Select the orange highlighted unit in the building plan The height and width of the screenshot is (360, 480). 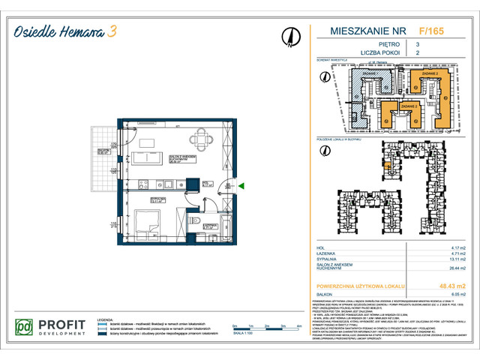(386, 169)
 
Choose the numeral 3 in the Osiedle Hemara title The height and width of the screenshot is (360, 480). (112, 31)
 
